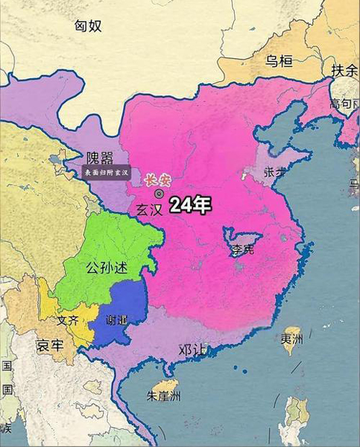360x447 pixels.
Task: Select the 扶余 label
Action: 344,70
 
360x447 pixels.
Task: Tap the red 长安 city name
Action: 157,180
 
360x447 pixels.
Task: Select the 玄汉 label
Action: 149,209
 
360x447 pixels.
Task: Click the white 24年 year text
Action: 189,206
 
